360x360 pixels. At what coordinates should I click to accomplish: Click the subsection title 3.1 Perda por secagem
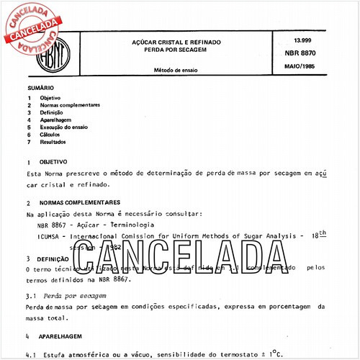pos(66,296)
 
